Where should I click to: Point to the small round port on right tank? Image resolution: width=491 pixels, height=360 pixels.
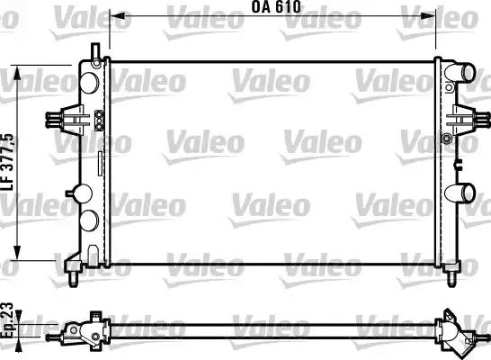coord(447,139)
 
